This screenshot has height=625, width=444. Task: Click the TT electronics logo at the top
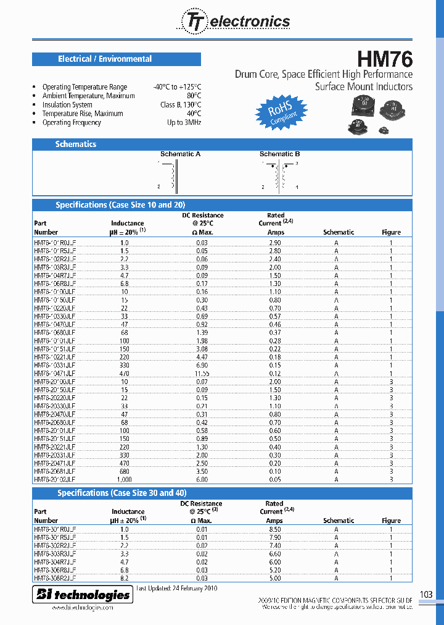tap(235, 22)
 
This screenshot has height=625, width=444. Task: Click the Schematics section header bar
tap(76, 144)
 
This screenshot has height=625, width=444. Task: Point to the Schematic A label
tap(180, 154)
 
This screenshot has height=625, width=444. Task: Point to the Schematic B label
tap(279, 154)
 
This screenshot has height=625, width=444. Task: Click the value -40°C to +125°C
tap(177, 87)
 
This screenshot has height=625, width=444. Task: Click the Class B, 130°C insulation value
tap(180, 105)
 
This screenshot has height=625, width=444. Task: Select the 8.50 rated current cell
tap(274, 529)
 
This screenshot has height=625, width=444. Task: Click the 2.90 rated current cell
tap(274, 243)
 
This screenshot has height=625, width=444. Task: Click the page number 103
tap(425, 594)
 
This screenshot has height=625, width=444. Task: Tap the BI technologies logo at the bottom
tap(83, 595)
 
